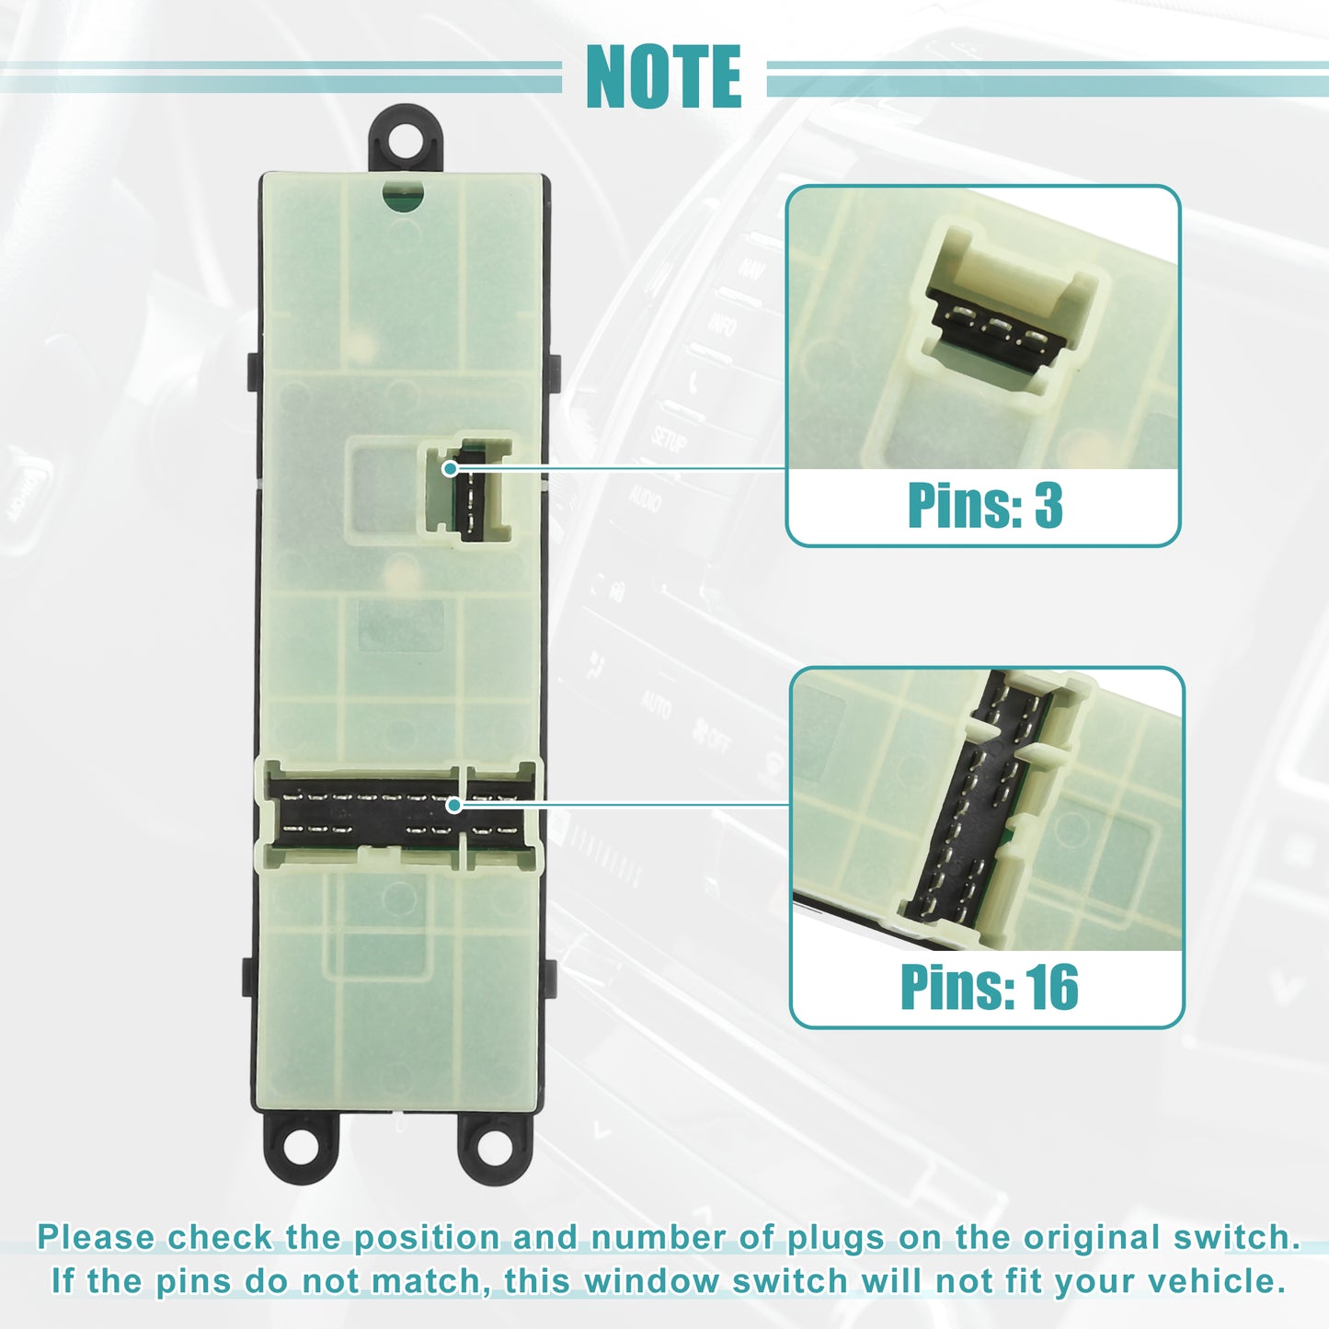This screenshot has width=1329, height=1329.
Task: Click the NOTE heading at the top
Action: [663, 76]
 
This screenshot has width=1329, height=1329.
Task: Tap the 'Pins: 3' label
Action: [984, 505]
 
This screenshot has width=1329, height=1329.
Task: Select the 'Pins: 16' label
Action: [989, 987]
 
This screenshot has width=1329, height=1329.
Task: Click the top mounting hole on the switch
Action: [405, 139]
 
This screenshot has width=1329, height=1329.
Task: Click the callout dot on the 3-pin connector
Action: [450, 469]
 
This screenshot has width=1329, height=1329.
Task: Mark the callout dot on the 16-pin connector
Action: [453, 804]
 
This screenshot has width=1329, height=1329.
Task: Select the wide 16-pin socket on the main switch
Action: [398, 814]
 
